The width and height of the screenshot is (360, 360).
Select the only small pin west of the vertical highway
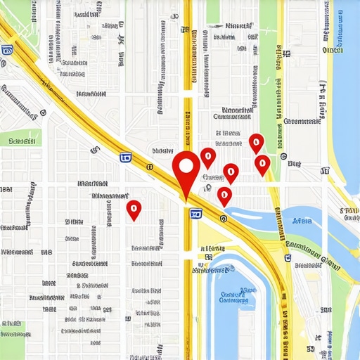pos(134,209)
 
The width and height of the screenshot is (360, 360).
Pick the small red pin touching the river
pos(225,195)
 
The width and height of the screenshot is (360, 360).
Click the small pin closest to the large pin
pos(207,157)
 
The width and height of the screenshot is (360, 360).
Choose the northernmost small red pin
pos(257,143)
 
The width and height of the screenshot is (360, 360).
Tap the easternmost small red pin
pos(262,165)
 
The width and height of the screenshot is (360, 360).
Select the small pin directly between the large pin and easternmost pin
pos(231,172)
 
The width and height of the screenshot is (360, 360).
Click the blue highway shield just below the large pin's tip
pos(195,213)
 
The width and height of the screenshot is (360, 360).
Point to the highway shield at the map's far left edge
pos(8,50)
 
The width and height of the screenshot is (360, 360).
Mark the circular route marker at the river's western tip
pos(223,219)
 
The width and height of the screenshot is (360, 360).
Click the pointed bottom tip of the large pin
pos(186,201)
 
